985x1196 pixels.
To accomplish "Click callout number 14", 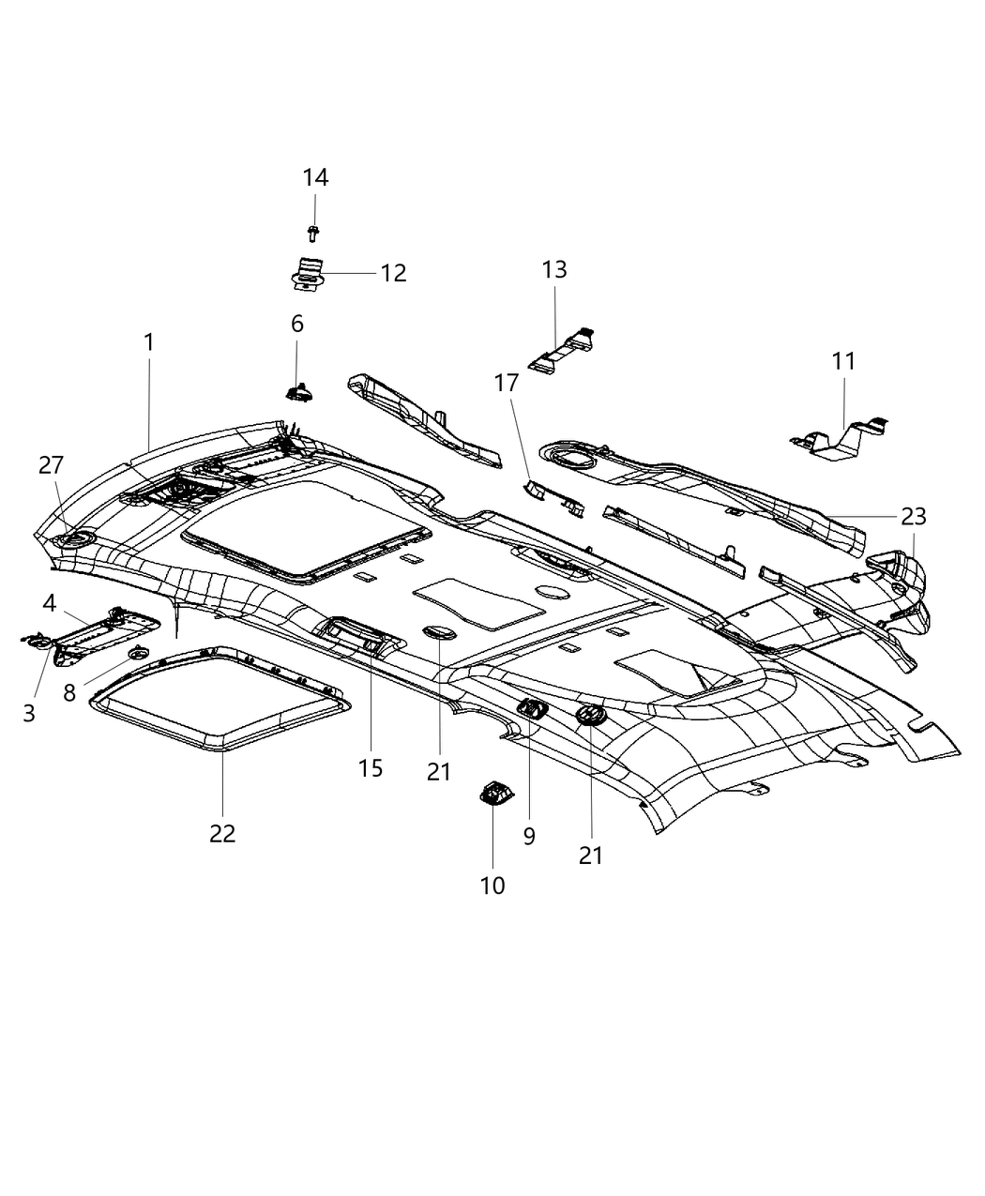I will click(x=315, y=177).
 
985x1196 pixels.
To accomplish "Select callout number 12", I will click(x=393, y=273).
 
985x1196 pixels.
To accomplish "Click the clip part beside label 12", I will click(x=305, y=272).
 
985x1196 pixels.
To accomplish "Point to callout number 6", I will click(x=297, y=324).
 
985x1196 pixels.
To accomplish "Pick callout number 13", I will click(x=554, y=269).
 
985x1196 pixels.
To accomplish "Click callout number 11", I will click(x=843, y=361).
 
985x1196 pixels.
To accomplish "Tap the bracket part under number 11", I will click(x=841, y=439).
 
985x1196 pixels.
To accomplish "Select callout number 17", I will click(x=507, y=383).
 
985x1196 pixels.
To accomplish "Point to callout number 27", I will click(x=52, y=464).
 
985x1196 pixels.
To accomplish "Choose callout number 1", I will click(x=149, y=342).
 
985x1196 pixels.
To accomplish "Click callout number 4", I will click(x=49, y=603).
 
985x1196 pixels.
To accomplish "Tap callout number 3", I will click(x=29, y=713).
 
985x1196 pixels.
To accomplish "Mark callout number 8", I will click(x=69, y=693).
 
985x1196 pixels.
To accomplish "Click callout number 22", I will click(x=222, y=832).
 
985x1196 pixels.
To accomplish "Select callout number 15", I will click(x=371, y=767).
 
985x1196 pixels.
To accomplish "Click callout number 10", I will click(x=492, y=885).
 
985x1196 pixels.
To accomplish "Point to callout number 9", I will click(x=529, y=836).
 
